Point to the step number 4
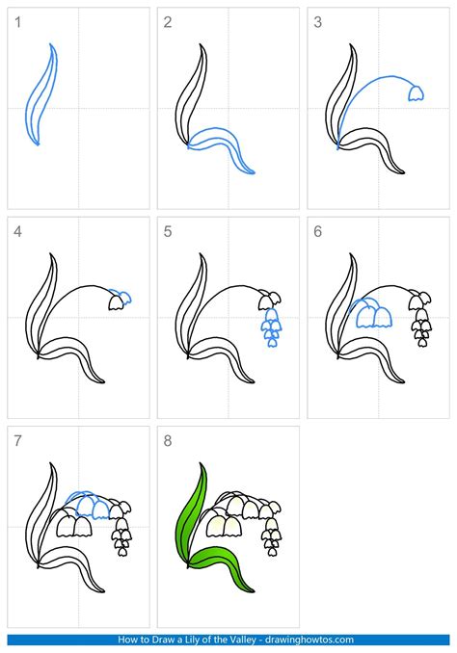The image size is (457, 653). coord(16,230)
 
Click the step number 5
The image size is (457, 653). coord(168,230)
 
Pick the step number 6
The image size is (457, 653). coord(318,230)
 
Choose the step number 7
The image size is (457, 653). coord(16,439)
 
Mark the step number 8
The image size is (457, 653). coord(168,439)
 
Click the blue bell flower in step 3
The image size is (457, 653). coord(417,92)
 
